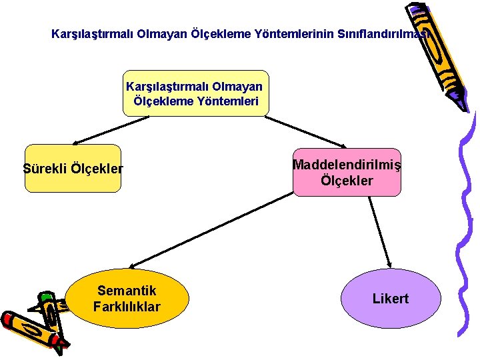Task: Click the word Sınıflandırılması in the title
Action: point(387,33)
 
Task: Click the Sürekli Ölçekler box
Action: point(73,168)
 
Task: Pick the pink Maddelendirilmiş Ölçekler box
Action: point(347,172)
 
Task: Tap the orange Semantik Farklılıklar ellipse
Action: point(127,299)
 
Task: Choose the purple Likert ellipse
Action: point(391,299)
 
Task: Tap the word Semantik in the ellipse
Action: point(127,291)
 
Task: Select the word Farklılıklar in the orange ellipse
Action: point(127,307)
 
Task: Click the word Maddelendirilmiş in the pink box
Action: point(347,164)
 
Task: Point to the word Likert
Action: point(391,299)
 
